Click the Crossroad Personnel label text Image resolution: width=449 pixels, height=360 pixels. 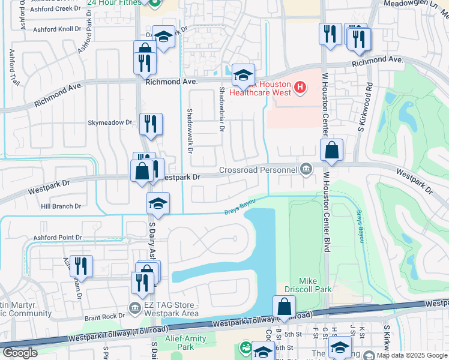[258, 170]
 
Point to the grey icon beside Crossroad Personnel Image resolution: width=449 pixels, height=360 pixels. [307, 169]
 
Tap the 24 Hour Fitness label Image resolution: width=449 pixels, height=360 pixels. [115, 2]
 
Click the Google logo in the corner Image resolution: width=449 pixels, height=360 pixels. [19, 353]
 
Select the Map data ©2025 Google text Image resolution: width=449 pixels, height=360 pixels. [411, 355]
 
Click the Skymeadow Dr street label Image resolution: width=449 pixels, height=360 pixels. [110, 122]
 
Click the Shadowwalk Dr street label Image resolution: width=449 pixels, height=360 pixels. [189, 131]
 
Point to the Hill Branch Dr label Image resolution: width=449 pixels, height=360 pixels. [61, 206]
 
